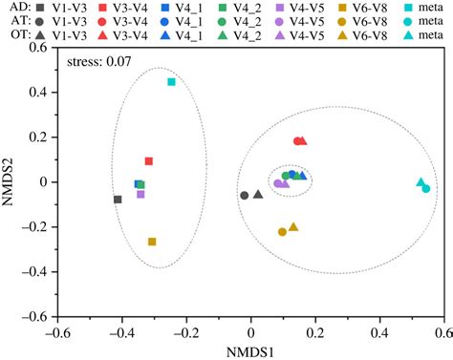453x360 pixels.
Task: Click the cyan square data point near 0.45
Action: tap(171, 82)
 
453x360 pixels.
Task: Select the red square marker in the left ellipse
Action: tap(148, 161)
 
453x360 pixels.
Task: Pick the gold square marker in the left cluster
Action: tap(152, 242)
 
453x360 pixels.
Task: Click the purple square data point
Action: tap(140, 194)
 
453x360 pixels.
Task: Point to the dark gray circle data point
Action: tap(245, 195)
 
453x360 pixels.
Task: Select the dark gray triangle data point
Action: tap(258, 194)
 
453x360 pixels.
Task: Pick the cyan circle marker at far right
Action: tap(426, 188)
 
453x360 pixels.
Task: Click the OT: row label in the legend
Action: tap(19, 35)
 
